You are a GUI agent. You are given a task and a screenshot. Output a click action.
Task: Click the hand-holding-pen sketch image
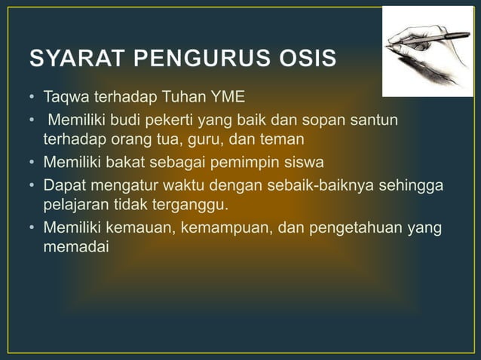point(427,52)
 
